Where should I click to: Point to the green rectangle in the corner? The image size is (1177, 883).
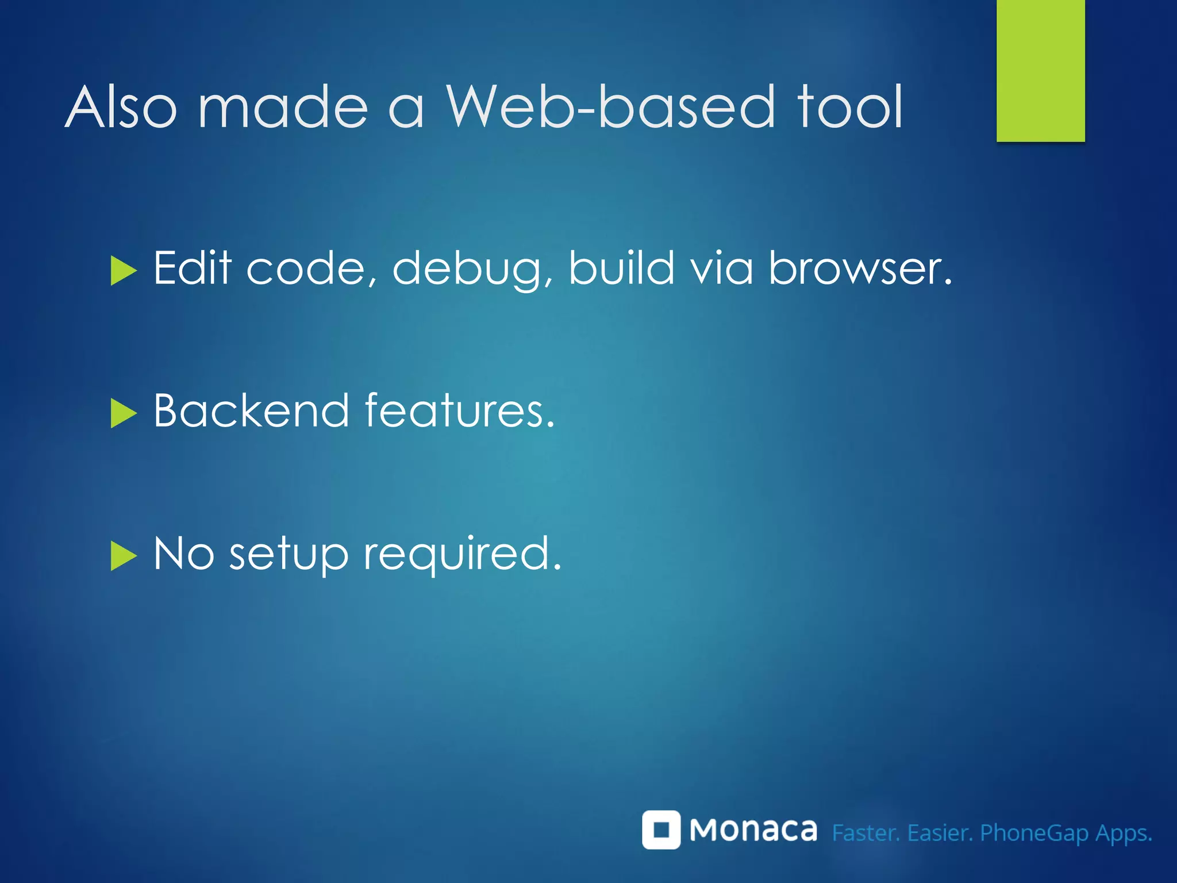coord(1040,70)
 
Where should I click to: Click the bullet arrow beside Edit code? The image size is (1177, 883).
coord(122,271)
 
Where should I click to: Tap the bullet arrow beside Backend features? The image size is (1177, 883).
coord(122,413)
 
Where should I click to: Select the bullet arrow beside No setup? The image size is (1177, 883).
coord(122,556)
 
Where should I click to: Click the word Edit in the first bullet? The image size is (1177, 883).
coord(192,268)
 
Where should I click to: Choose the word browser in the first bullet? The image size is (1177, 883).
coord(859,268)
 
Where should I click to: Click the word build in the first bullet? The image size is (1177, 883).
coord(621,268)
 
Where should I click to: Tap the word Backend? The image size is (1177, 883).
coord(251,410)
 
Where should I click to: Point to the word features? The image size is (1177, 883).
coord(459,410)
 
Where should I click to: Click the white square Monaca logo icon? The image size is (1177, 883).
coord(661,830)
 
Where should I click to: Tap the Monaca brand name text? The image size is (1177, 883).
coord(753,830)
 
